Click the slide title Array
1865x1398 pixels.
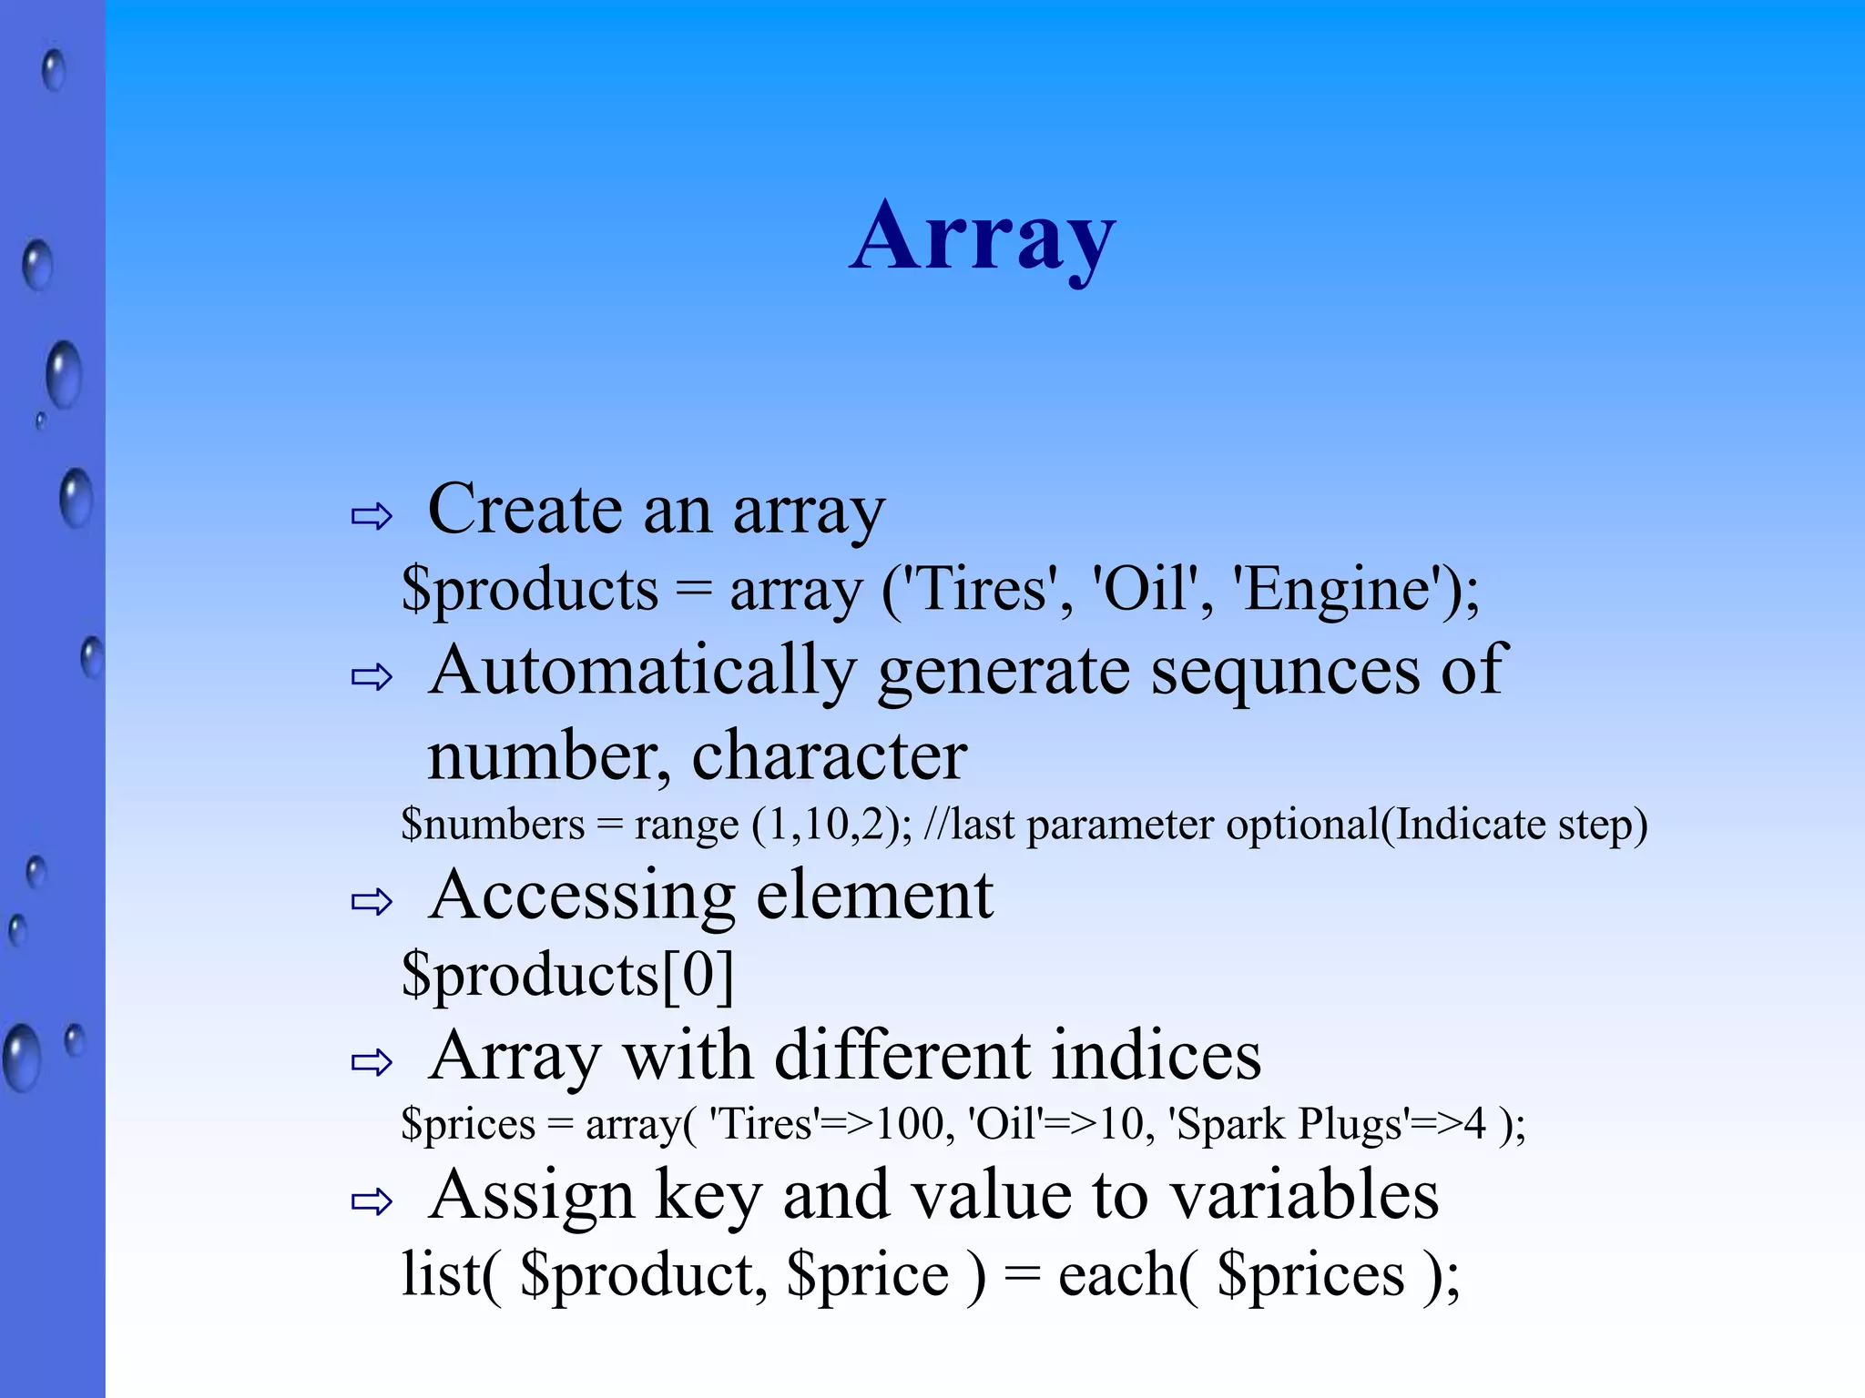[982, 238]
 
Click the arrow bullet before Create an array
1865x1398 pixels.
[372, 517]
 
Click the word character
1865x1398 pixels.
[829, 756]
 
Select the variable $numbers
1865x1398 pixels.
[493, 825]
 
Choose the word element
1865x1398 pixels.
[874, 896]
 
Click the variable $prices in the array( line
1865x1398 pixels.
[468, 1125]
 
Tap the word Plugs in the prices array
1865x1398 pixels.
[1351, 1125]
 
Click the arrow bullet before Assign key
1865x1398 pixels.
[372, 1202]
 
